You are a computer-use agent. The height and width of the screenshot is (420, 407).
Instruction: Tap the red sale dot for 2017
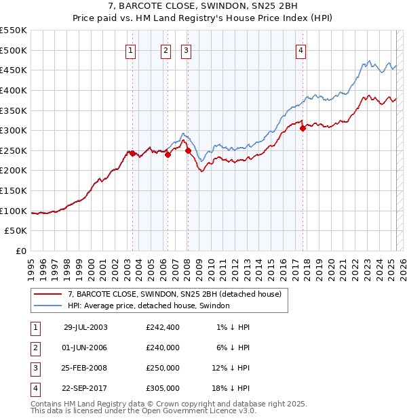303,128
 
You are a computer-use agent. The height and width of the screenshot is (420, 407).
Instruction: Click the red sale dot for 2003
133,153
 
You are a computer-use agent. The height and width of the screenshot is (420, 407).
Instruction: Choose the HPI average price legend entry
149,306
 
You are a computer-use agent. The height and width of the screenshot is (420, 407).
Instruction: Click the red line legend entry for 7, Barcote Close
178,294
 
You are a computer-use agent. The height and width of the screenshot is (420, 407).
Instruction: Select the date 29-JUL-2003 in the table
85,327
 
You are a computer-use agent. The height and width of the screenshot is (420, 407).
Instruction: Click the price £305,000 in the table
163,388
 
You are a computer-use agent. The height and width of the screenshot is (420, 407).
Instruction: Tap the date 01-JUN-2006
85,348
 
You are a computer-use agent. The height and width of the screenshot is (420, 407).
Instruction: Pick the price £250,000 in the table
163,368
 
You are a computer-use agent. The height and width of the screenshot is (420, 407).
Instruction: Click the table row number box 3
33,368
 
